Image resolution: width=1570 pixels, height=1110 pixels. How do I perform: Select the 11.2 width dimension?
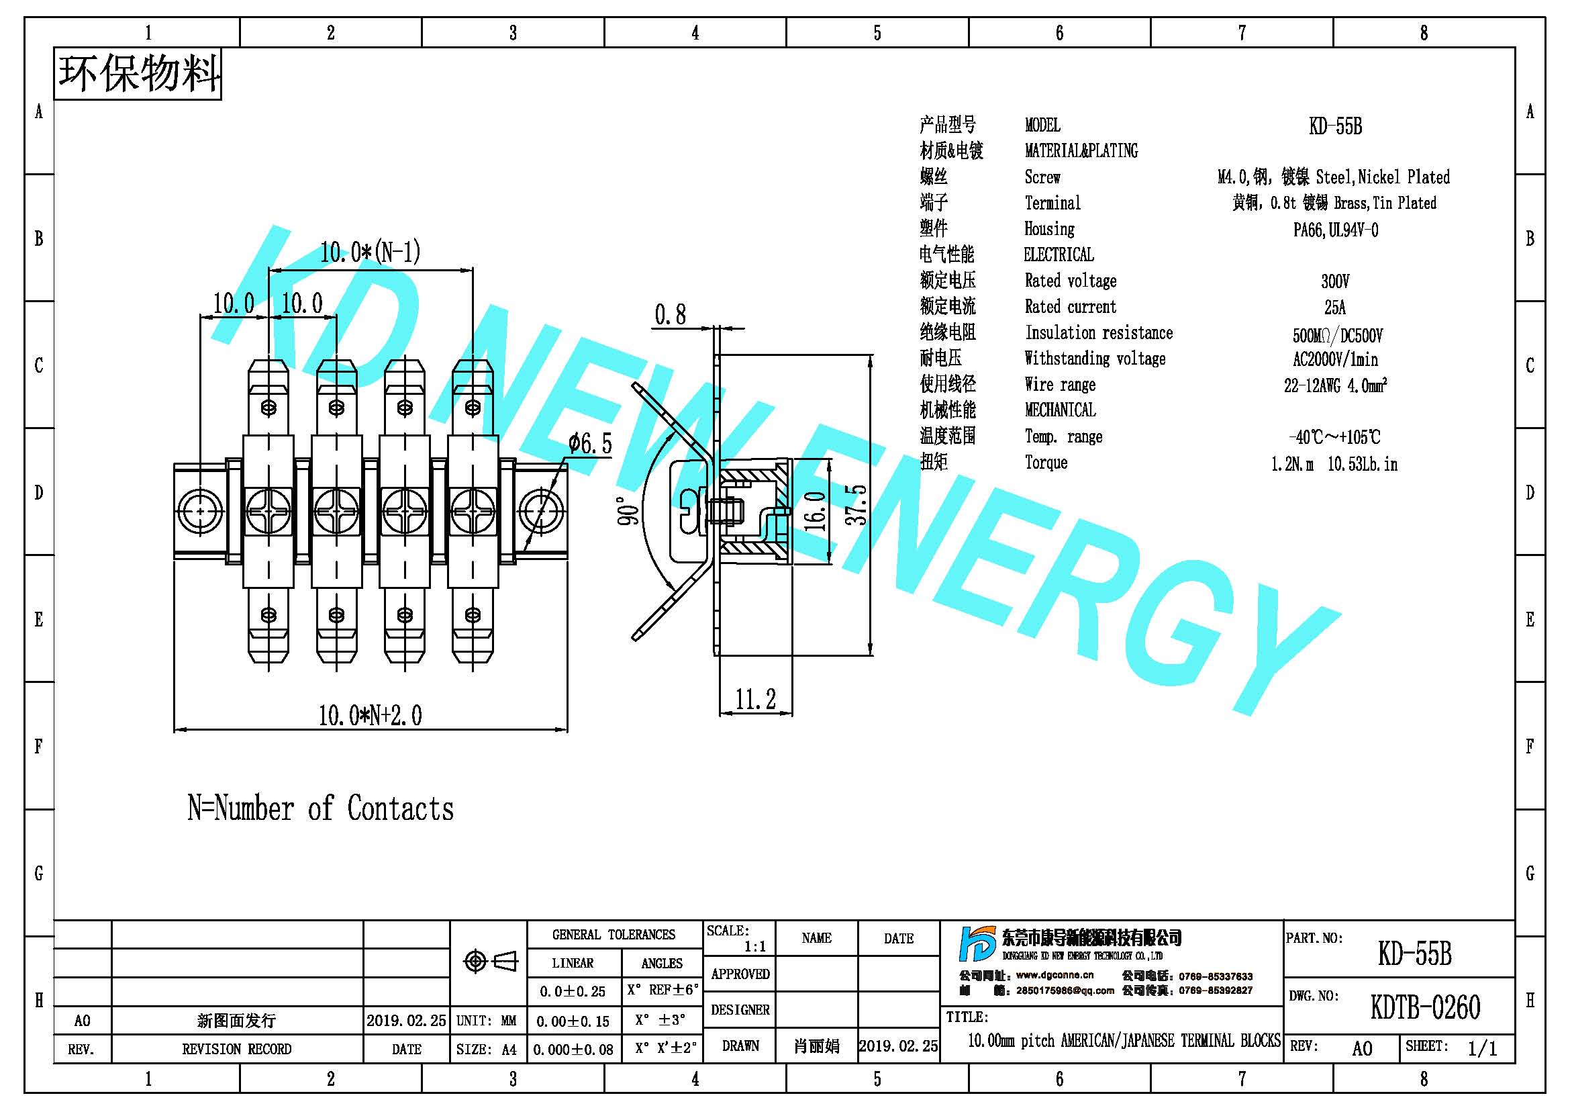click(x=756, y=699)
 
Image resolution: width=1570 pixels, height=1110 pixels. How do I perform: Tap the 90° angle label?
click(x=628, y=511)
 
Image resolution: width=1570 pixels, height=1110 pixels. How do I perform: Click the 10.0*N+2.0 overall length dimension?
click(x=370, y=715)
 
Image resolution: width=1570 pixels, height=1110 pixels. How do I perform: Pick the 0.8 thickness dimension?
click(x=670, y=315)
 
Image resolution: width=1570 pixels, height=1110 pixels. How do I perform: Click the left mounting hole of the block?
click(x=199, y=511)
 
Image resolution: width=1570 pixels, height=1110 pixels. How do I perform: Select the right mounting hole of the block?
click(x=541, y=511)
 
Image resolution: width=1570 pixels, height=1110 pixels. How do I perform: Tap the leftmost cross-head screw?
click(x=268, y=511)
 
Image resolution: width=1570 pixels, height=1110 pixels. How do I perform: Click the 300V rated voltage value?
click(x=1335, y=281)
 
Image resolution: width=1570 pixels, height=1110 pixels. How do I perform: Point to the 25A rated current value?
click(x=1335, y=307)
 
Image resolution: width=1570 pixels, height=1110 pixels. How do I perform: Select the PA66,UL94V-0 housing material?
click(x=1335, y=230)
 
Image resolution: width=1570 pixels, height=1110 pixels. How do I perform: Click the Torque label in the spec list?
click(x=1046, y=462)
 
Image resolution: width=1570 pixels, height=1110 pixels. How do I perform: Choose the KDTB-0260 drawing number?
click(x=1425, y=1007)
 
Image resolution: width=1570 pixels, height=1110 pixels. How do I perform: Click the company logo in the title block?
click(x=977, y=945)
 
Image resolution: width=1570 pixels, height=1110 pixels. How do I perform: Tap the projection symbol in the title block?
click(x=489, y=961)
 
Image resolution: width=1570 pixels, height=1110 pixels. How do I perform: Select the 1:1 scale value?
click(x=755, y=947)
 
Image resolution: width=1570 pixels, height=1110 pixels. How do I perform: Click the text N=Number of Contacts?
click(x=321, y=808)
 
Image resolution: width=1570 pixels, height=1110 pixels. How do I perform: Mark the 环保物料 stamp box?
click(x=138, y=74)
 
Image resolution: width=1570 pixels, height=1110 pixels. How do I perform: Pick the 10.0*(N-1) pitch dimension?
click(x=370, y=252)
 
